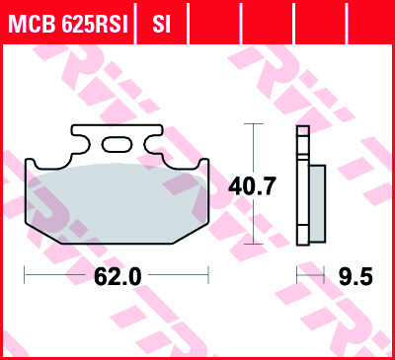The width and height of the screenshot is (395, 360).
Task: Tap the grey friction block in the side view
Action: (x=317, y=201)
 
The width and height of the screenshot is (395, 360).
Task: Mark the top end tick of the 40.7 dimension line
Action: (x=254, y=124)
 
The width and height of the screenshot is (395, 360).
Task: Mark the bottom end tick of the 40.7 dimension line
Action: (x=254, y=243)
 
